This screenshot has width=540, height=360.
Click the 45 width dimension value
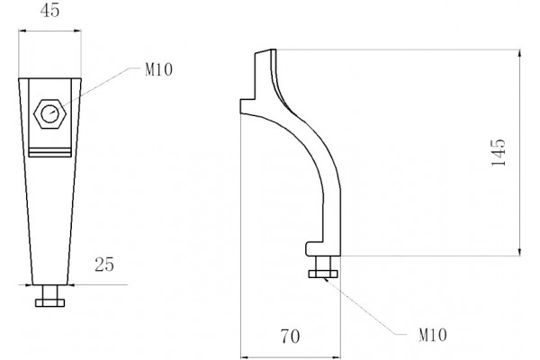[49, 10]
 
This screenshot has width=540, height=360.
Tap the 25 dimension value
[104, 265]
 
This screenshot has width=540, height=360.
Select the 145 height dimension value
[499, 153]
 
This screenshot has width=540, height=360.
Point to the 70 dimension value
[290, 337]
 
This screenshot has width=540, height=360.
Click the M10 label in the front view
[158, 70]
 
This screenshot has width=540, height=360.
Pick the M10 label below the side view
[433, 335]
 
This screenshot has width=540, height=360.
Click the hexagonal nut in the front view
[49, 114]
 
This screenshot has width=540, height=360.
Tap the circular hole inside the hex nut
[49, 114]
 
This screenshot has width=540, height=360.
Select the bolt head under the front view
[49, 302]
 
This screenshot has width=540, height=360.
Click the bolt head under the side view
[323, 274]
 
